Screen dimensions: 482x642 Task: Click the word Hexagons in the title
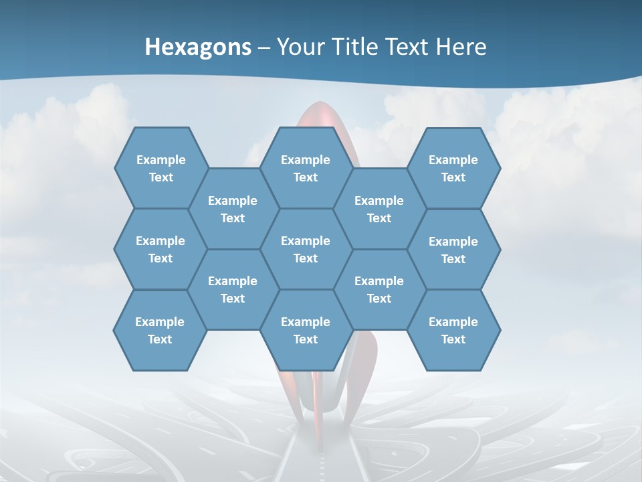point(198,47)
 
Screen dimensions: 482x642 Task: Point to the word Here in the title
point(461,47)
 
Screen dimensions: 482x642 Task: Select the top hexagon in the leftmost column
point(160,168)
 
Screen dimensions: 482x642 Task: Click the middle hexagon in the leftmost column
point(160,249)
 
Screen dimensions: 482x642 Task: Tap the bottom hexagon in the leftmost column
point(160,330)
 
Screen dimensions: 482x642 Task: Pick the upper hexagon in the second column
point(233,209)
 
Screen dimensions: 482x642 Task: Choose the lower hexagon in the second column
point(233,289)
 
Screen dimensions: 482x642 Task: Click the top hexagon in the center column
point(306,168)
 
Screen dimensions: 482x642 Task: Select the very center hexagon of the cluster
point(306,249)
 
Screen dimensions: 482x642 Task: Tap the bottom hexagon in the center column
point(306,330)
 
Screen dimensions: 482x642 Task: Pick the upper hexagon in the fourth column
point(379,209)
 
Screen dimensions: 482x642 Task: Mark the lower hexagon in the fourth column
point(379,289)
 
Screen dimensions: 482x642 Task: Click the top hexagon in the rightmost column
point(453,168)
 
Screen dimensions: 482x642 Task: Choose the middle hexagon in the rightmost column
point(453,250)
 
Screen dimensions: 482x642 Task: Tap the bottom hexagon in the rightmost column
point(453,330)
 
